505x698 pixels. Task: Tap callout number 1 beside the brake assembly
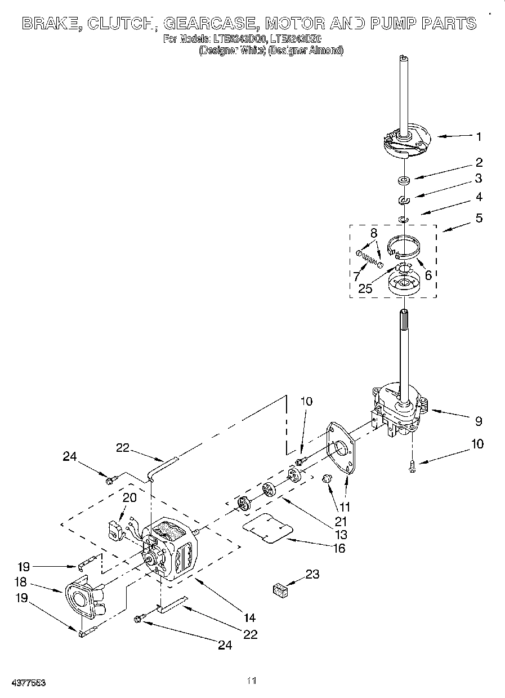point(478,136)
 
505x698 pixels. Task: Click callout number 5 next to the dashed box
point(478,217)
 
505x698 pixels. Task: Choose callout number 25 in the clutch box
point(365,288)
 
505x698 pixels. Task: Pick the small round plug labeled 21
point(325,479)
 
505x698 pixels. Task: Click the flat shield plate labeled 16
point(267,529)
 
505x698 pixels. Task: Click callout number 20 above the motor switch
point(129,497)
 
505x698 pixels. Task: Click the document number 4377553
point(28,682)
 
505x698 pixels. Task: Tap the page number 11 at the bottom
point(252,681)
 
